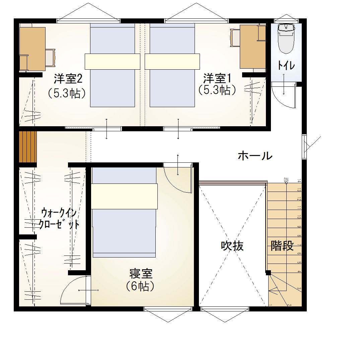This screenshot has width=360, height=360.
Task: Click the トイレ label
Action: pos(286,66)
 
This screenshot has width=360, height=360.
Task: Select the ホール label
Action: pos(255,156)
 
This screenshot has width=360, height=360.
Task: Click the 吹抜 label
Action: pos(232,246)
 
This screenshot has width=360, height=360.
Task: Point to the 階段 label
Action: pos(282,246)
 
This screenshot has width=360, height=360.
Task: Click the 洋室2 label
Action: pos(68,79)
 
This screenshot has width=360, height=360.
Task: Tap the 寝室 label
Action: pos(141,274)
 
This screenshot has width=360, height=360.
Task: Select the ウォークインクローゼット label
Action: pos(59,218)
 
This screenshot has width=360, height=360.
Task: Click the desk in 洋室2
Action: pos(32,49)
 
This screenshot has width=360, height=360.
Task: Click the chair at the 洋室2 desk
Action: pos(50,58)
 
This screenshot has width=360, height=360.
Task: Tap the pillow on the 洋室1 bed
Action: pos(172,61)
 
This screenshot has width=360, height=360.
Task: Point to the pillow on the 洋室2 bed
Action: pos(112,61)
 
